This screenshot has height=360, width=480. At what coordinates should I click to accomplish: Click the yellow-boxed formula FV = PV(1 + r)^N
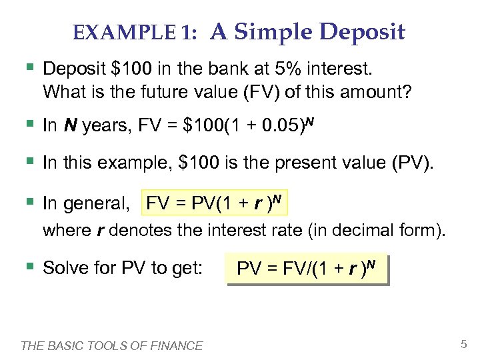point(216,203)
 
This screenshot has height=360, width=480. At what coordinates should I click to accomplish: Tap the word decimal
point(355,231)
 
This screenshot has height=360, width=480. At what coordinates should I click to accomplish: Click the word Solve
point(65,268)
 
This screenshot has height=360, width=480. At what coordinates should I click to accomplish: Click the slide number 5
point(463,345)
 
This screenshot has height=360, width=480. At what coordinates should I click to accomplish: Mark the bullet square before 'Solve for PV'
point(28,267)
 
